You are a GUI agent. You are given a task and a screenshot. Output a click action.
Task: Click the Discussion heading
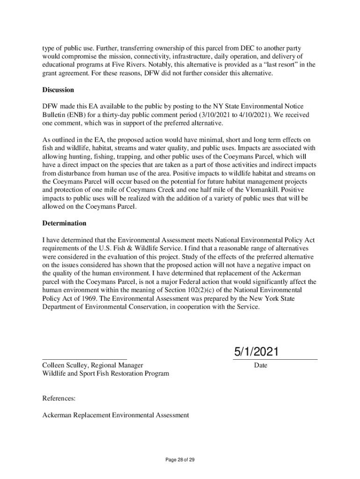[x=58, y=90]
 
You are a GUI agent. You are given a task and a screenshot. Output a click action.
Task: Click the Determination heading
[x=64, y=224]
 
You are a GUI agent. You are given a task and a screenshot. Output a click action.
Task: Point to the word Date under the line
[x=260, y=365]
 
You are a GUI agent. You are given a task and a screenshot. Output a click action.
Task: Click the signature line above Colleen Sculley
[x=84, y=359]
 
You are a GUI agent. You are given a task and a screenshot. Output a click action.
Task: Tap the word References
[x=59, y=399]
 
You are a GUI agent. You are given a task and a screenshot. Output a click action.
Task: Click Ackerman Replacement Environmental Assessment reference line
[x=115, y=415]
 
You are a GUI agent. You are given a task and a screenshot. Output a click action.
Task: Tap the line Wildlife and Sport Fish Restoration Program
[x=106, y=373]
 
